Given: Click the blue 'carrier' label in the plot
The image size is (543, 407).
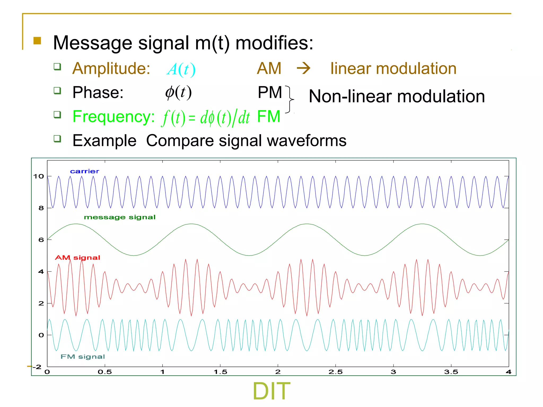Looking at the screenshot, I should pos(85,171).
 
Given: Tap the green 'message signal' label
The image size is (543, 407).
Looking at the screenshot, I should pos(120,217).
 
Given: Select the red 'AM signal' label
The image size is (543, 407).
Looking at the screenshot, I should pos(77,258).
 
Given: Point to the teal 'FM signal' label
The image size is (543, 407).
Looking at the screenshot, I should pos(83,357).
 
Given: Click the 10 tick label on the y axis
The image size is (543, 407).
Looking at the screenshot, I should pos(38,176).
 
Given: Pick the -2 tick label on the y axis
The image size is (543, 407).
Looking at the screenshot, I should pos(37,367).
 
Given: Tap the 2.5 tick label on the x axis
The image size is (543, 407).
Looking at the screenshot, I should pos(335,372).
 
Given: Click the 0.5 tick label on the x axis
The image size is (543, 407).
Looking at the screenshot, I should pos(105,372).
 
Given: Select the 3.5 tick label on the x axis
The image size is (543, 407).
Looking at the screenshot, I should pos(451,372).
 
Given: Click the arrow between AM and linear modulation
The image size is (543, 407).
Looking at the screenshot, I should pos(303,68).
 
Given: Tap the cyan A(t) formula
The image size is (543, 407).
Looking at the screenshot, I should pos(181,69).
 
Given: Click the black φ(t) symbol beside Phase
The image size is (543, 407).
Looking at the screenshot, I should pos(178,92).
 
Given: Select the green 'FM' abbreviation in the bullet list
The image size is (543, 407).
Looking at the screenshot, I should pos(269,117).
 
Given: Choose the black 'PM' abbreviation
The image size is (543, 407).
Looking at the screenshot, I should pos(270,92).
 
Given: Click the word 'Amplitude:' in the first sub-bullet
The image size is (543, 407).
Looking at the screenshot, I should pos(111,68).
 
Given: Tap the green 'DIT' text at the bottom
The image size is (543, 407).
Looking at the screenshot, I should pos(271,391).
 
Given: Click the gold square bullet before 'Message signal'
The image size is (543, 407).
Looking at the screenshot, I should pos(37,41).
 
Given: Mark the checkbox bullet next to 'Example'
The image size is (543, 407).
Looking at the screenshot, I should pos(57,139).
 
